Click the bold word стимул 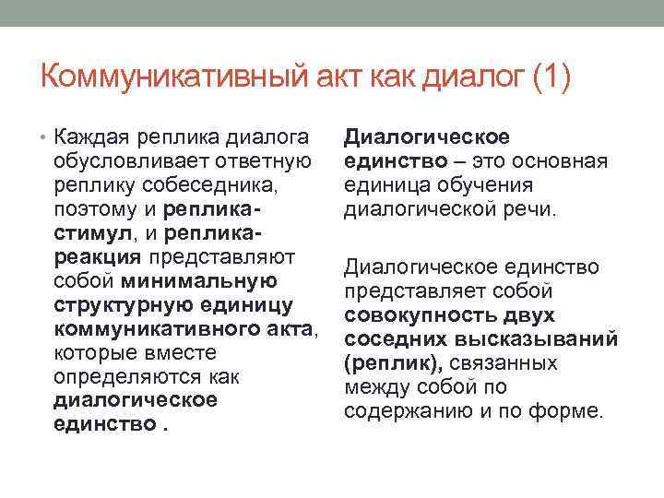(88, 233)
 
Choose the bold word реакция (98, 256)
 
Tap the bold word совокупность (429, 315)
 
